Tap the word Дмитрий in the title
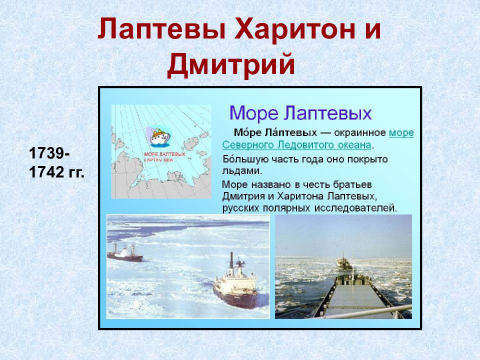[231, 64]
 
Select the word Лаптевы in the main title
[162, 29]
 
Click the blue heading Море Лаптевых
[300, 113]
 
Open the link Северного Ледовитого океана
[296, 145]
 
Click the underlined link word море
[401, 133]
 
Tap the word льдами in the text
[242, 171]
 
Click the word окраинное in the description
[360, 133]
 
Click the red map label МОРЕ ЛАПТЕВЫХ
[164, 154]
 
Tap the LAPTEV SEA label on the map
[158, 160]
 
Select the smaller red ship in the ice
[125, 254]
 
